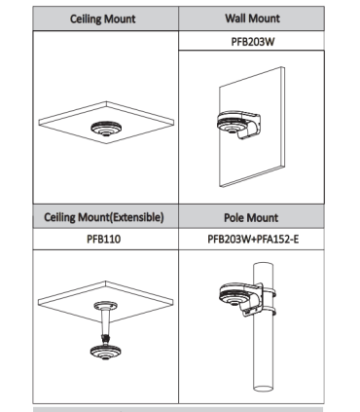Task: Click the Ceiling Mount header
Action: point(102,19)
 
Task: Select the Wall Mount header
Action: point(252,19)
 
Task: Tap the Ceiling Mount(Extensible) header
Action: point(104,217)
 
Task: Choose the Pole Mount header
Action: point(251,217)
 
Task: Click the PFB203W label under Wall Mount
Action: point(253,42)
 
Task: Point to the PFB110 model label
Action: point(104,239)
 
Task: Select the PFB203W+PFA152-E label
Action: point(253,240)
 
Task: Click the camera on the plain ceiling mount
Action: point(106,129)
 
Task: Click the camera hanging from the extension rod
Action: point(105,352)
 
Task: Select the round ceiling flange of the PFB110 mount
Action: point(105,305)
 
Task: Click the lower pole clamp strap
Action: point(269,313)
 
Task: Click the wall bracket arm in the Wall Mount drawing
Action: point(250,125)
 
